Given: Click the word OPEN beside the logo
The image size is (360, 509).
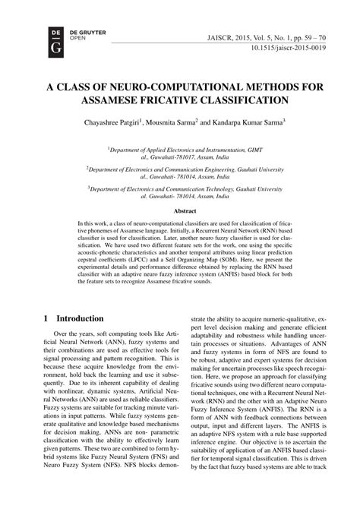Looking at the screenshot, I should click(55, 37).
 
